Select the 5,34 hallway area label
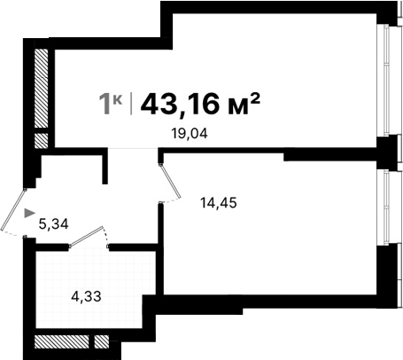[x=55, y=223]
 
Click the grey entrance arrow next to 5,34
[x=30, y=213]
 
